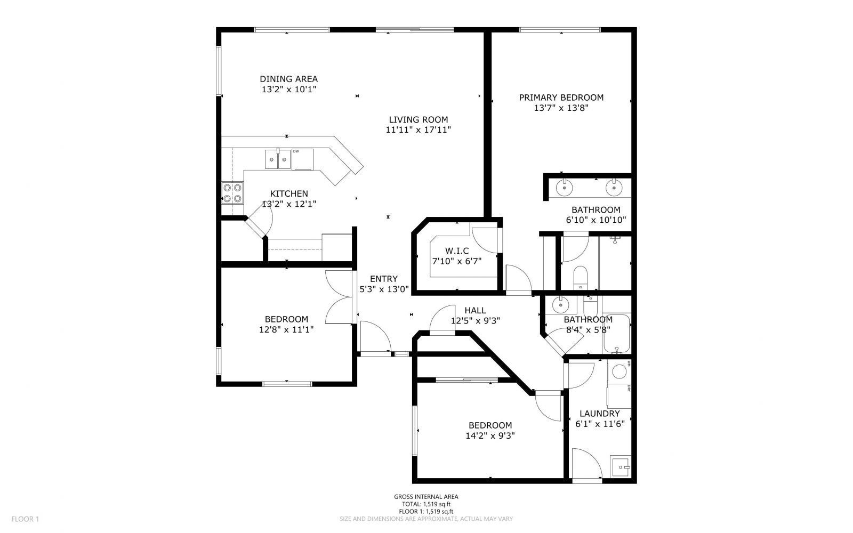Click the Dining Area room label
point(288,79)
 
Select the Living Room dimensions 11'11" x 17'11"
point(418,130)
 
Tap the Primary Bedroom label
point(561,98)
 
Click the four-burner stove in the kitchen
point(232,193)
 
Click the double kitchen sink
point(278,159)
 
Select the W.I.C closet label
point(456,251)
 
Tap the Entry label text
point(383,279)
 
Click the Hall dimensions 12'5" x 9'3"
point(475,321)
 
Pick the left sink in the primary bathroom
point(564,188)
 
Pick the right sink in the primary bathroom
point(614,188)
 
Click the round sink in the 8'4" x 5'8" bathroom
point(560,305)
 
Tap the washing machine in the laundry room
point(619,371)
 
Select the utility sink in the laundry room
point(620,467)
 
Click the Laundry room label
point(599,414)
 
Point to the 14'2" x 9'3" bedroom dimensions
point(490,435)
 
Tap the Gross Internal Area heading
point(426,497)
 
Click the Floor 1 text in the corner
point(25,519)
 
